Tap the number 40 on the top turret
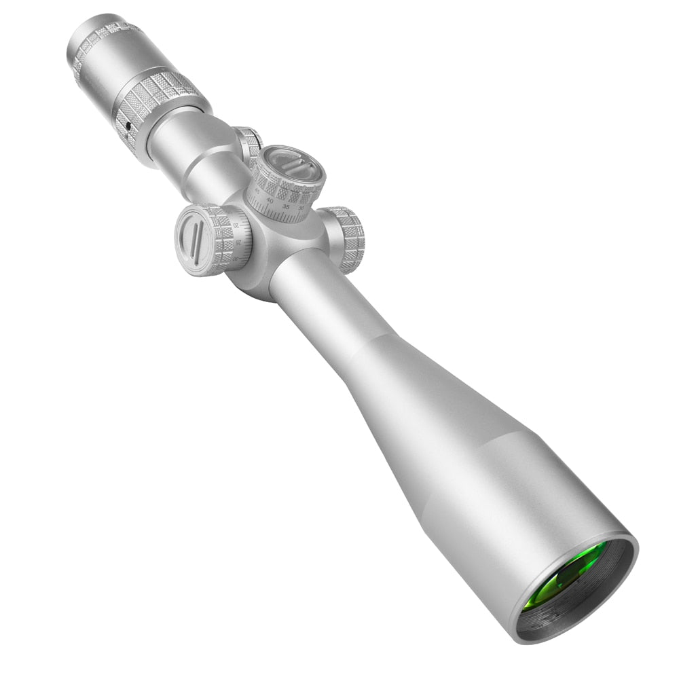[270, 201]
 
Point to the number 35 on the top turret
[286, 206]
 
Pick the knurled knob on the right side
[346, 238]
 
